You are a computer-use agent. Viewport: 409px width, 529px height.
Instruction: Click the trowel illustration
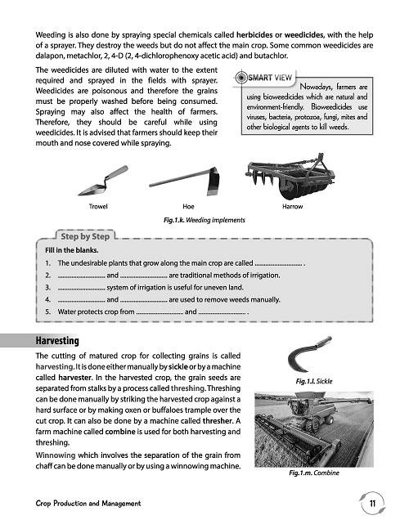(x=103, y=182)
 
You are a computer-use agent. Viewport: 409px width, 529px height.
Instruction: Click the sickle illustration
(x=308, y=353)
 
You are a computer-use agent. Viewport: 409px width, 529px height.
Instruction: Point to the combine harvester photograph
(x=314, y=429)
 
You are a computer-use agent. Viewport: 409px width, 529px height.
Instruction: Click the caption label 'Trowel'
(x=98, y=207)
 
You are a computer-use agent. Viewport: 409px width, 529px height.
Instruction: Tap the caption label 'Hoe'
(x=188, y=207)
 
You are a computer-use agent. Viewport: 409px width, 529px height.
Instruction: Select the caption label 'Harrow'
(x=293, y=207)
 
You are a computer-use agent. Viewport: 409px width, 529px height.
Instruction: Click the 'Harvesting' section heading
(x=57, y=341)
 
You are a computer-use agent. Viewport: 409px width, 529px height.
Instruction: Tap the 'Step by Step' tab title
(x=85, y=236)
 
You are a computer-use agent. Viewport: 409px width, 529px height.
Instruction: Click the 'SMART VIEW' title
(x=270, y=78)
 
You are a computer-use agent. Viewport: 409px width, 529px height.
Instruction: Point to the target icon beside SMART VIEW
(x=240, y=78)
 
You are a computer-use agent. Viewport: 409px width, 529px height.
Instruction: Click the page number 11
(x=372, y=504)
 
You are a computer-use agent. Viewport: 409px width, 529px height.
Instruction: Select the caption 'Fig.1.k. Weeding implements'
(x=204, y=220)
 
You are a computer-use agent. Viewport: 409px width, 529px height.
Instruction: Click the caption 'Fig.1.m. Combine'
(x=314, y=473)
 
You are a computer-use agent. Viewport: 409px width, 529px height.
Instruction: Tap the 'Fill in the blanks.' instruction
(x=71, y=250)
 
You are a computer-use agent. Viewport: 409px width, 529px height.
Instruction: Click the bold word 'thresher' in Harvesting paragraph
(x=218, y=421)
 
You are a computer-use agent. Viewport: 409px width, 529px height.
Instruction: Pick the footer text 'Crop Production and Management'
(x=88, y=504)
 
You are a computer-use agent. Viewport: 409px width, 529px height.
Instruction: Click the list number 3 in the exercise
(x=48, y=288)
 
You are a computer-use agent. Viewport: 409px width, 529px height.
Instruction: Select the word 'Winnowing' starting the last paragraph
(x=56, y=455)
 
